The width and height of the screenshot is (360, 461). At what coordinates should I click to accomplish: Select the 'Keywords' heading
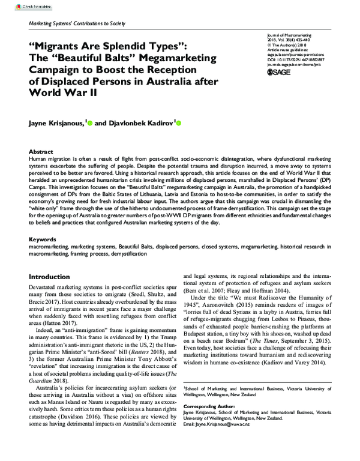(x=46, y=239)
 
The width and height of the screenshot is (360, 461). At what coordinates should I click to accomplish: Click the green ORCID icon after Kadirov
(x=178, y=124)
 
